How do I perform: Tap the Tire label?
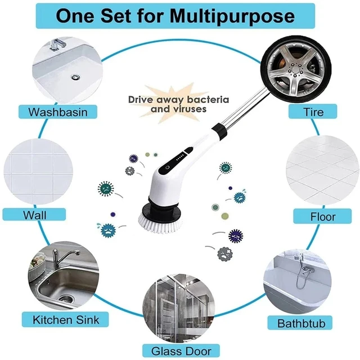(313, 111)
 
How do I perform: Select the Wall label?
(35, 215)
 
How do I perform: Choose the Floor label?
(322, 217)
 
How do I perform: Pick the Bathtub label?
(301, 323)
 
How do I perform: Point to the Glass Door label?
(180, 350)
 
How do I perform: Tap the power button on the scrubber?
(166, 168)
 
